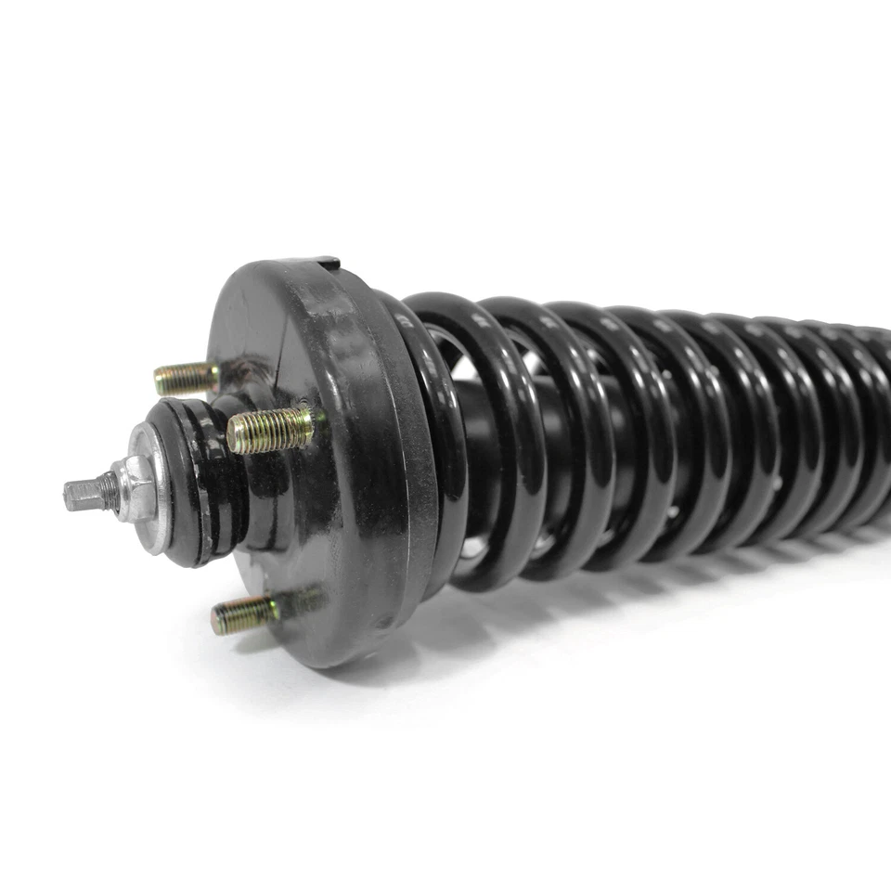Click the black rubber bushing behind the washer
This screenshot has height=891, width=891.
[x=200, y=483]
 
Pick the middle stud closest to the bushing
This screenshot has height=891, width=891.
[x=271, y=430]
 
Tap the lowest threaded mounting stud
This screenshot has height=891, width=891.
[x=244, y=613]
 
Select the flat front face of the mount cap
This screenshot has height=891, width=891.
[x=278, y=520]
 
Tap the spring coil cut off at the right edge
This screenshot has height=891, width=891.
[x=877, y=418]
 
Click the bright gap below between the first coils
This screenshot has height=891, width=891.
[x=474, y=548]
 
